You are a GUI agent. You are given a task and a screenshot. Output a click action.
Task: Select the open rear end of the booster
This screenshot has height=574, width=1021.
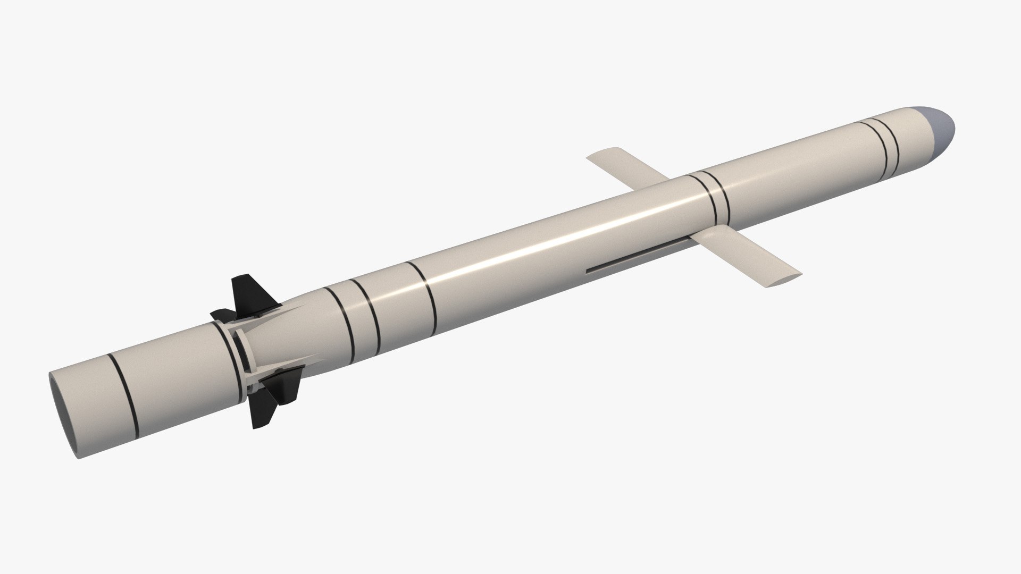[x=63, y=414]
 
